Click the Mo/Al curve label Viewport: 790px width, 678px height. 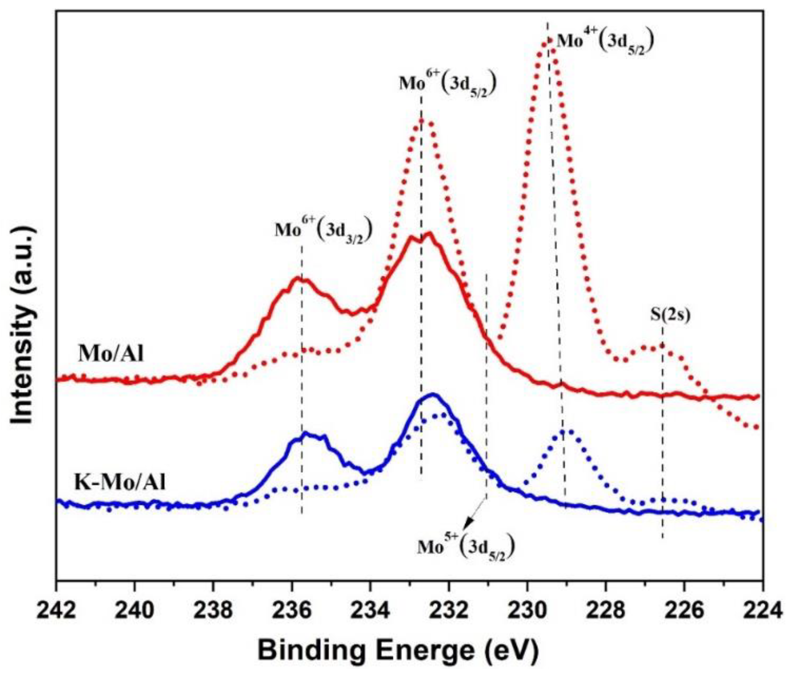111,354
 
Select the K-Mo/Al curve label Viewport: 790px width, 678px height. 120,482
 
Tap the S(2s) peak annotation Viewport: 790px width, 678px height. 670,315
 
